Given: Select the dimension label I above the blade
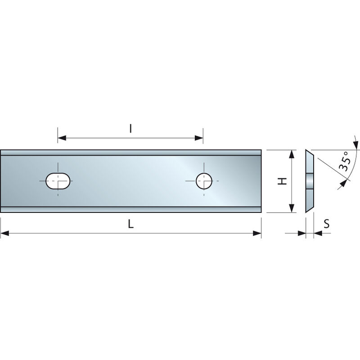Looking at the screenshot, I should click(x=130, y=129).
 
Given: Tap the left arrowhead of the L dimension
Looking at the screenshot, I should click(x=4, y=233).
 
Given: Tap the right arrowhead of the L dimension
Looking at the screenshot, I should click(x=257, y=233).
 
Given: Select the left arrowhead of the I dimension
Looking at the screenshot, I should click(x=62, y=137).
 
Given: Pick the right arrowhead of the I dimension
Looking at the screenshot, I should click(x=199, y=137).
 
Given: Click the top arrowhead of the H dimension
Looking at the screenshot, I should click(x=292, y=154).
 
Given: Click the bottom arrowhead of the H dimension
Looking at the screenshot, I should click(x=292, y=207).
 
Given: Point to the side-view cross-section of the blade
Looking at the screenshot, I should click(x=310, y=181).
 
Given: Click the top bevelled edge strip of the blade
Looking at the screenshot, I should click(x=130, y=153).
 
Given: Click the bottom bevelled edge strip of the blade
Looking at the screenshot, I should click(x=130, y=209).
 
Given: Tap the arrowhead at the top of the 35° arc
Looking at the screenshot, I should click(x=356, y=145).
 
